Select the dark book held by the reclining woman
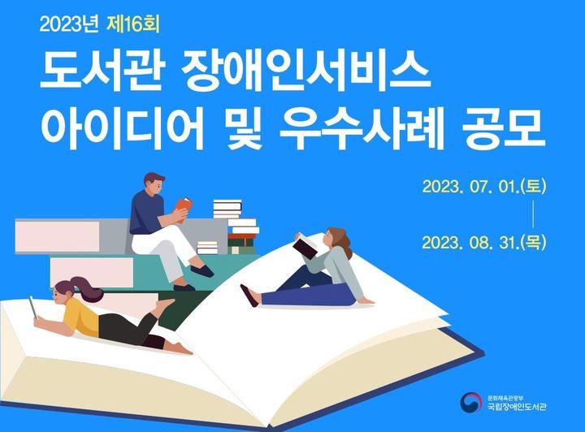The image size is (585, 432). (x=305, y=246)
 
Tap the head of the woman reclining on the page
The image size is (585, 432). (x=338, y=239)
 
